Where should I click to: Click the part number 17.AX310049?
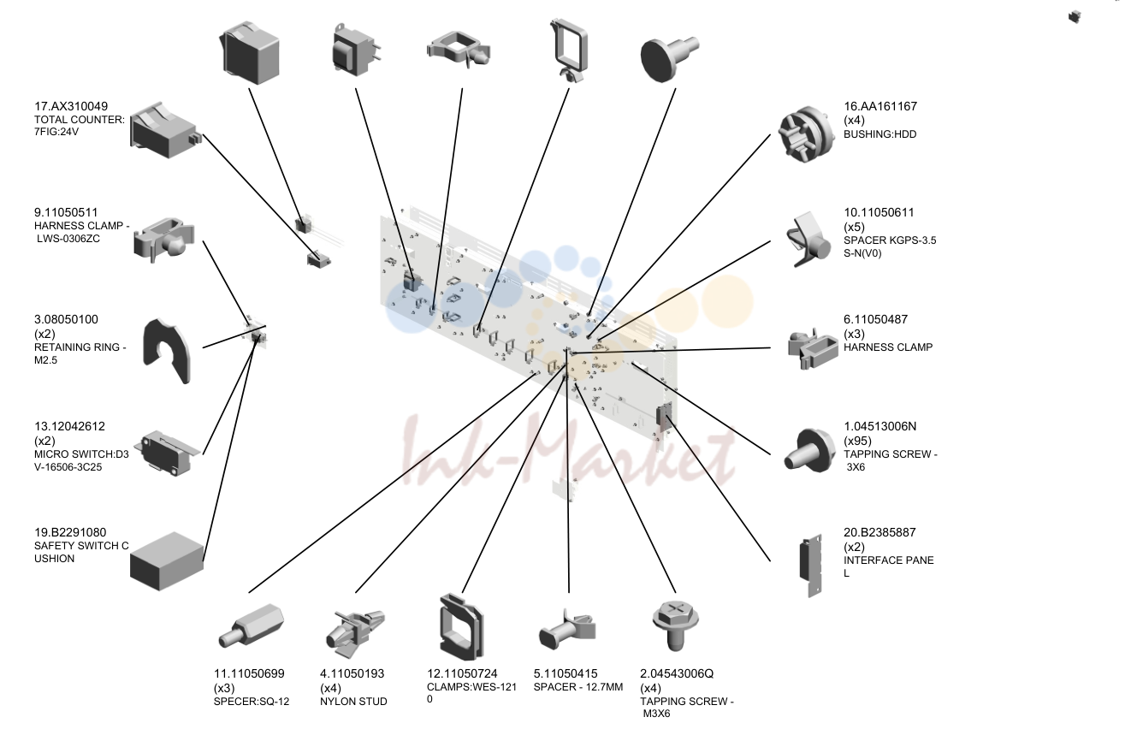[71, 107]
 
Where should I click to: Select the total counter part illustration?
[166, 130]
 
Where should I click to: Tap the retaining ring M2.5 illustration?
[167, 351]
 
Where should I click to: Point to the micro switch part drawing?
[166, 453]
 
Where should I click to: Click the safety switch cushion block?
[166, 561]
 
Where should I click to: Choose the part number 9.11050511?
[66, 213]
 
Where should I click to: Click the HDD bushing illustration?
[806, 134]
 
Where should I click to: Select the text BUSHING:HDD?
[879, 134]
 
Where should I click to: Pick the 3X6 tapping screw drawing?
[808, 450]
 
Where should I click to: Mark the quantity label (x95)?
[858, 441]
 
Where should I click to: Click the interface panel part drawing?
[811, 566]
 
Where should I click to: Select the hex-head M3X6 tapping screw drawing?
[676, 626]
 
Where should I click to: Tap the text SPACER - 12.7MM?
[578, 687]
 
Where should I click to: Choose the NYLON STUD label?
[353, 702]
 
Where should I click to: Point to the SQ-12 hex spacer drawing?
[251, 626]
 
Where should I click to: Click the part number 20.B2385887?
[879, 532]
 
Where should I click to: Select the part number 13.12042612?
[69, 426]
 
